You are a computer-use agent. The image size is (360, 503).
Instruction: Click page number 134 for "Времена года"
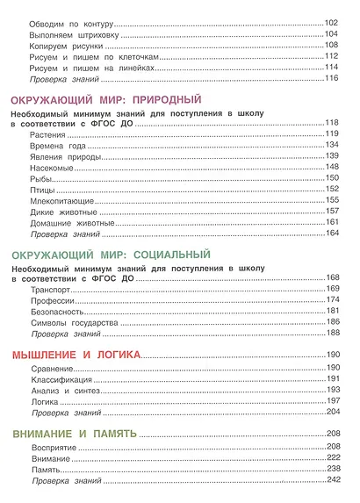332,144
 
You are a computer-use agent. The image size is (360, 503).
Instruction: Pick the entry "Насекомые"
51,167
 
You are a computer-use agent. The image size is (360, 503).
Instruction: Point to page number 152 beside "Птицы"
332,189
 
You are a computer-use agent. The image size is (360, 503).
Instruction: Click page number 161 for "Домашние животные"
332,223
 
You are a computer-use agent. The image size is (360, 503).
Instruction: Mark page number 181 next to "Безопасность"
332,312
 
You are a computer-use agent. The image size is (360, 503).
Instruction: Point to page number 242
332,479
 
